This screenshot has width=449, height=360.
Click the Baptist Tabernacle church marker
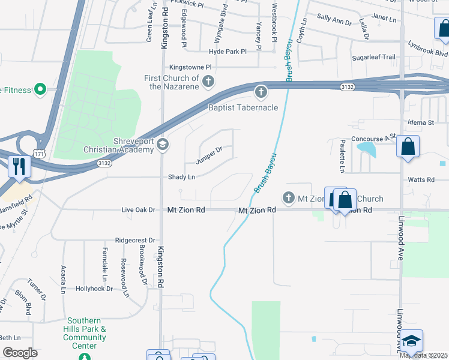pyautogui.click(x=260, y=92)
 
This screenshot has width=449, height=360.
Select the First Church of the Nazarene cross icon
pyautogui.click(x=208, y=81)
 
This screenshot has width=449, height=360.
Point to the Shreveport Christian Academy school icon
pyautogui.click(x=162, y=144)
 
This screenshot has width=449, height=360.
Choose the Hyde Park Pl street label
pyautogui.click(x=228, y=52)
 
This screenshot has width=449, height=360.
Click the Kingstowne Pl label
pyautogui.click(x=191, y=67)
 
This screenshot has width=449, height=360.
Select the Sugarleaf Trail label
pyautogui.click(x=373, y=57)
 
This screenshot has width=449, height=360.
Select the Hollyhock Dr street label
pyautogui.click(x=94, y=289)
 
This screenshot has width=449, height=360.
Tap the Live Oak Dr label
pyautogui.click(x=138, y=210)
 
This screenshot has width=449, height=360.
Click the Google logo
pyautogui.click(x=20, y=352)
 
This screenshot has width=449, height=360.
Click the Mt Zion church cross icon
pyautogui.click(x=288, y=197)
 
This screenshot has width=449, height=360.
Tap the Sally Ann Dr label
pyautogui.click(x=334, y=22)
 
